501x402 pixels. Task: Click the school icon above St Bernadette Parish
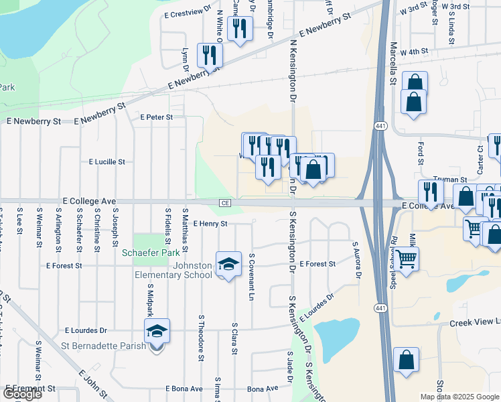[x=157, y=332]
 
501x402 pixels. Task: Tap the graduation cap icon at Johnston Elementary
[x=228, y=263]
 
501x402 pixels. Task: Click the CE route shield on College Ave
[x=225, y=203]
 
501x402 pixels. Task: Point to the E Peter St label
[x=156, y=117]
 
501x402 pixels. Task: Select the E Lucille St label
[x=106, y=162]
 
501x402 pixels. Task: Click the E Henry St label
[x=210, y=224]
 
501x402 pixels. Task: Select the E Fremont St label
[x=30, y=389]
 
